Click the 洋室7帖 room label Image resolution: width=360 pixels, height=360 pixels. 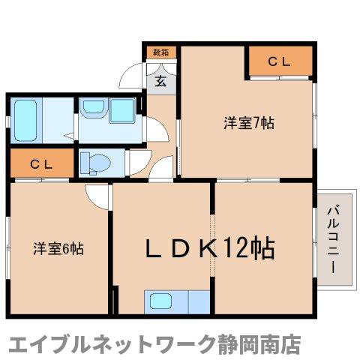(248, 122)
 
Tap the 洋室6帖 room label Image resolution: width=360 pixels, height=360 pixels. (57, 248)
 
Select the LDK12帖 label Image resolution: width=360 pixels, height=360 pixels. (203, 248)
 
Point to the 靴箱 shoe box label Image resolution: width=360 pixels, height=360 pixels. (160, 52)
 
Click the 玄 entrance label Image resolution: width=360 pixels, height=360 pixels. (160, 82)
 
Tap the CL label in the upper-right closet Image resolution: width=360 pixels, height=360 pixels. (280, 62)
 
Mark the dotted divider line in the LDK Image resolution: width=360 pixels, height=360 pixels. (213, 247)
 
